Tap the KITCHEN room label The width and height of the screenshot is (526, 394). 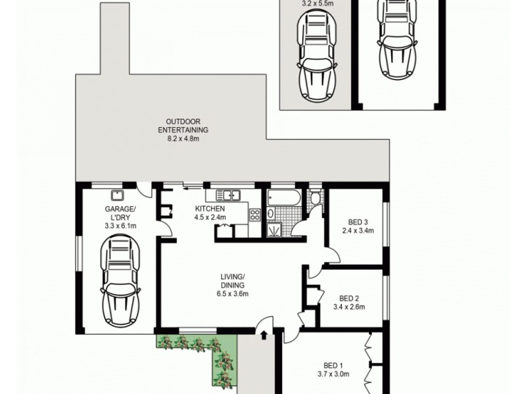(210, 209)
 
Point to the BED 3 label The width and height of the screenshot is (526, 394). (358, 221)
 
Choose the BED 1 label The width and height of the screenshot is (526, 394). (334, 365)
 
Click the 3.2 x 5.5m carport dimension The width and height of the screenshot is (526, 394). (317, 3)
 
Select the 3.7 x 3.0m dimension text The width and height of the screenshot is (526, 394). (334, 375)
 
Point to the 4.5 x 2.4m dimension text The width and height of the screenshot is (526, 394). (210, 217)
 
